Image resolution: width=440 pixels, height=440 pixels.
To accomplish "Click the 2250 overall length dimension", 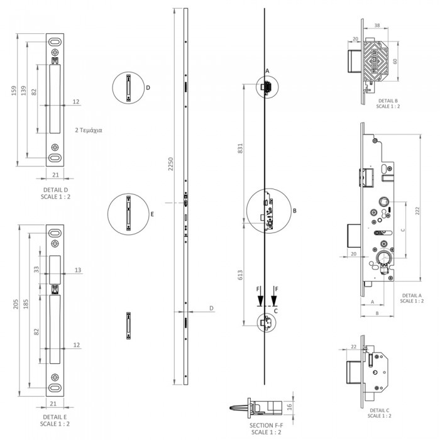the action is [170, 164].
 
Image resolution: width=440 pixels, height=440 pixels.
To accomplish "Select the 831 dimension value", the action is [240, 148].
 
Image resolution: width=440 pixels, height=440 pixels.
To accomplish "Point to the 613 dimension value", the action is [240, 275].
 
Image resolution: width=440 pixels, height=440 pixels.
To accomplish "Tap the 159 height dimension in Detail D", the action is [14, 91].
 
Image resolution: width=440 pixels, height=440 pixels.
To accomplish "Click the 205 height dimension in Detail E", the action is [16, 304].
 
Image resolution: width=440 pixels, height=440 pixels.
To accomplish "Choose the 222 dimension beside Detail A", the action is [417, 211].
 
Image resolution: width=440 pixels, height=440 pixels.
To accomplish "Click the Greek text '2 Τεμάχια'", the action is [89, 130].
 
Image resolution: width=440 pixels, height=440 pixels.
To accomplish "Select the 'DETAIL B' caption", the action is [388, 101].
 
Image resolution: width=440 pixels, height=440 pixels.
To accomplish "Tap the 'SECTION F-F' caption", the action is [266, 426].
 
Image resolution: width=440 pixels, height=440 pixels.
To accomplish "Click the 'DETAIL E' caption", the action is [55, 417].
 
